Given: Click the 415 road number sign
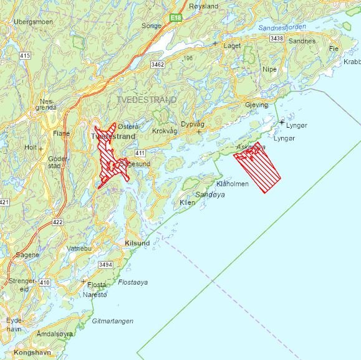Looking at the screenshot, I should [x=25, y=56].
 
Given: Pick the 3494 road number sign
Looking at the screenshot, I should [x=105, y=265].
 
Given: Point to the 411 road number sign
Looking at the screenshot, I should [x=139, y=153].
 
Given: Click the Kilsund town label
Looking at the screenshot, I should [x=137, y=243].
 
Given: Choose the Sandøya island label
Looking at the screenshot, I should [x=209, y=195].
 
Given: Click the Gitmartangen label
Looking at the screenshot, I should [x=113, y=321].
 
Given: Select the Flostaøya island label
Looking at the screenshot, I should [x=133, y=282].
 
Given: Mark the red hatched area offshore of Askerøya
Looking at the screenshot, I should [x=258, y=165].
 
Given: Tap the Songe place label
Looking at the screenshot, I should [x=152, y=26].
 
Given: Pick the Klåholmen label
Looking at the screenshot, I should [x=232, y=184].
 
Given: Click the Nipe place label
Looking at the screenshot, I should [x=269, y=69].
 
